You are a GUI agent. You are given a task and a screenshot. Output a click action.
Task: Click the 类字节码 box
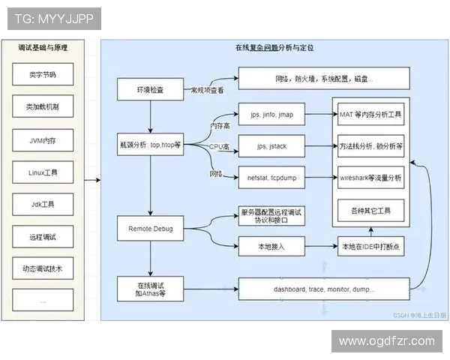42,75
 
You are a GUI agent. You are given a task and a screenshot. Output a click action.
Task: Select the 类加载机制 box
42,107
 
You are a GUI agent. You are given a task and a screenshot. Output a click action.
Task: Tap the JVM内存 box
42,140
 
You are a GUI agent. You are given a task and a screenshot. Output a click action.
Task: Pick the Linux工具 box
42,172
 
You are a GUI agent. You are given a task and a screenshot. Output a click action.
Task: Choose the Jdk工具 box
42,204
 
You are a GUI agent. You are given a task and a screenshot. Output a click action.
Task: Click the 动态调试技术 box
42,268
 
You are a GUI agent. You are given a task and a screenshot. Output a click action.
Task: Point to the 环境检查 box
150,89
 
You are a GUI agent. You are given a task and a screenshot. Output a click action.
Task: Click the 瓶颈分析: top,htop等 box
150,143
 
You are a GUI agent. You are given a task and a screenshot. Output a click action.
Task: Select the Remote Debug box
150,227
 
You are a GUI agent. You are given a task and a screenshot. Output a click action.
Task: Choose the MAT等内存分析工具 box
370,115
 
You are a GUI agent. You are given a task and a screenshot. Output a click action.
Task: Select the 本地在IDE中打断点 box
370,246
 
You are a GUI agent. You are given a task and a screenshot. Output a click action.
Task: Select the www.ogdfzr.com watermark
386,341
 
